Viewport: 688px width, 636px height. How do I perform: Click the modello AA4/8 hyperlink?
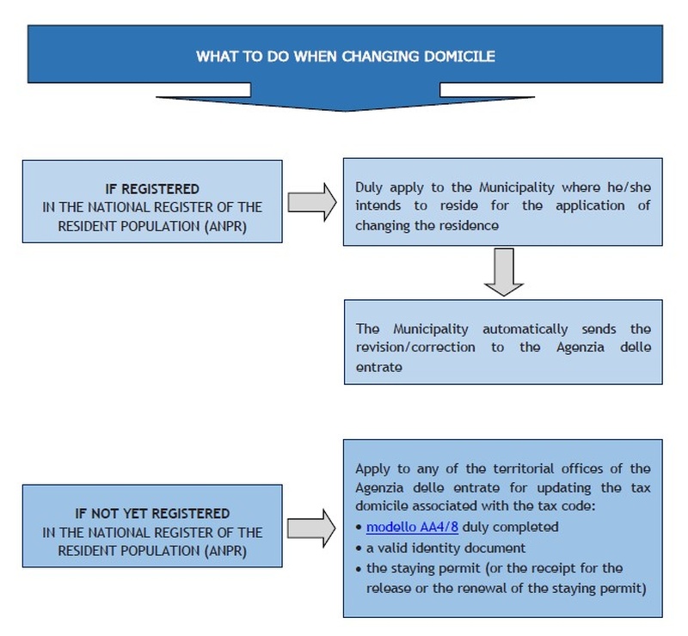[x=412, y=527]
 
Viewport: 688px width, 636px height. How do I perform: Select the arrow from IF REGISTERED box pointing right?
[x=312, y=202]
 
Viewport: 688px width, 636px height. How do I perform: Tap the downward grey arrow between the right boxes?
[x=503, y=272]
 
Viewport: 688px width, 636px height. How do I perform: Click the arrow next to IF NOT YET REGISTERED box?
[x=311, y=528]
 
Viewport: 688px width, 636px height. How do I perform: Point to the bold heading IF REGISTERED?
[x=152, y=189]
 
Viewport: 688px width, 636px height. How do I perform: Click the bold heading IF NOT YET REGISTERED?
[x=152, y=513]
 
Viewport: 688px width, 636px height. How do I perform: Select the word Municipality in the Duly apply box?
[x=517, y=187]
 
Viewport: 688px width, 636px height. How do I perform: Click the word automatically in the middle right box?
[x=525, y=329]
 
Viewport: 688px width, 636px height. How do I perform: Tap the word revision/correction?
[x=415, y=347]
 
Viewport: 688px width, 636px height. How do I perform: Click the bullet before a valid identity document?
[x=359, y=548]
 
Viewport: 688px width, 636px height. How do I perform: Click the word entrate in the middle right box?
[x=379, y=367]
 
